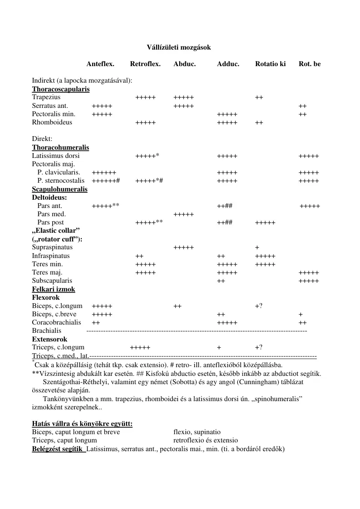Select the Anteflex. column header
[100, 64]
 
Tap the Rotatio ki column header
[270, 64]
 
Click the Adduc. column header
[228, 64]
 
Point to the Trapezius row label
[46, 97]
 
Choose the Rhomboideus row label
[52, 122]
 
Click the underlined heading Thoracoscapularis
[61, 89]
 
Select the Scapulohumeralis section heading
[60, 189]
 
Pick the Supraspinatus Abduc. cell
[183, 248]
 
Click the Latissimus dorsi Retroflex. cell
[147, 156]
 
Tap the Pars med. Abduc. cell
[183, 214]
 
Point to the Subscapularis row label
[52, 281]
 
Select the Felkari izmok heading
[54, 289]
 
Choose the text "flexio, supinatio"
[197, 432]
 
